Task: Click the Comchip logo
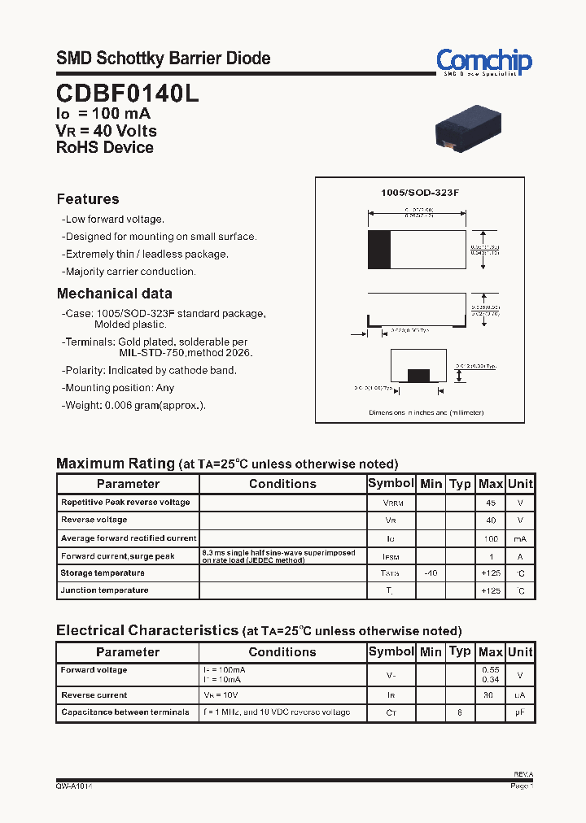[483, 62]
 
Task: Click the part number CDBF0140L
[127, 94]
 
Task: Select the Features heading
[88, 199]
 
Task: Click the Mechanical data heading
[114, 294]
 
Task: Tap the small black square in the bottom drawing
[418, 375]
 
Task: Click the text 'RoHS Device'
[104, 147]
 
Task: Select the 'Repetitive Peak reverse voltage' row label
[125, 503]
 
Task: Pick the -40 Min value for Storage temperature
[431, 573]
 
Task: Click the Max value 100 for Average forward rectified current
[491, 538]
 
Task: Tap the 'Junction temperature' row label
[104, 590]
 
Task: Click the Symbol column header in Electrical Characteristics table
[391, 651]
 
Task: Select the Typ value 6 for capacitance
[460, 712]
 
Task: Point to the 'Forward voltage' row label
[94, 670]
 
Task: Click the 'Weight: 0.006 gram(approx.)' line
[135, 406]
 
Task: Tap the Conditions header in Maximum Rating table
[282, 484]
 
